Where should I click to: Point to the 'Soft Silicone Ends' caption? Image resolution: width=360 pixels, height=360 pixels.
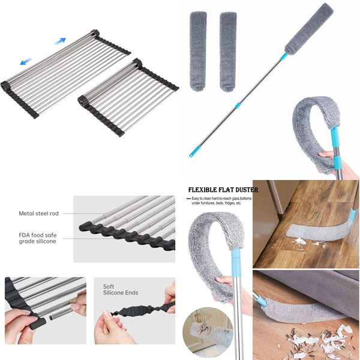(120, 290)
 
